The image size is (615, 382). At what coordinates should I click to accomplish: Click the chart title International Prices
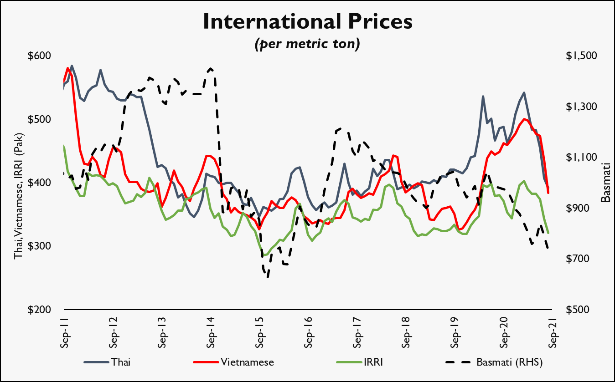(307, 21)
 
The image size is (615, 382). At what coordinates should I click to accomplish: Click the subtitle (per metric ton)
(307, 44)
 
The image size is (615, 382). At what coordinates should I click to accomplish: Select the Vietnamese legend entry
(248, 362)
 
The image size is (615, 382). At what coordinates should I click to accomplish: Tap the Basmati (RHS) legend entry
(511, 362)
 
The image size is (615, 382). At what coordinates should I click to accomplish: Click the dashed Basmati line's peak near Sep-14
(211, 68)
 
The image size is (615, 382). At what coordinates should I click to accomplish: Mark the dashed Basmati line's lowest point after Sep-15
(268, 276)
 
